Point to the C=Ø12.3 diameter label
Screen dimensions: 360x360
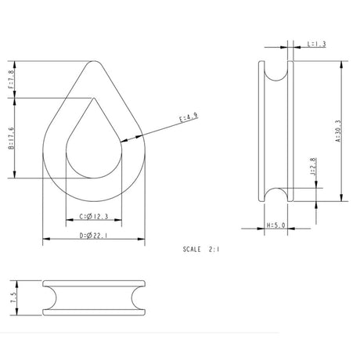[93, 216]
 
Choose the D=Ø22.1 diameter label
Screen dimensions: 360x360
[93, 235]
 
